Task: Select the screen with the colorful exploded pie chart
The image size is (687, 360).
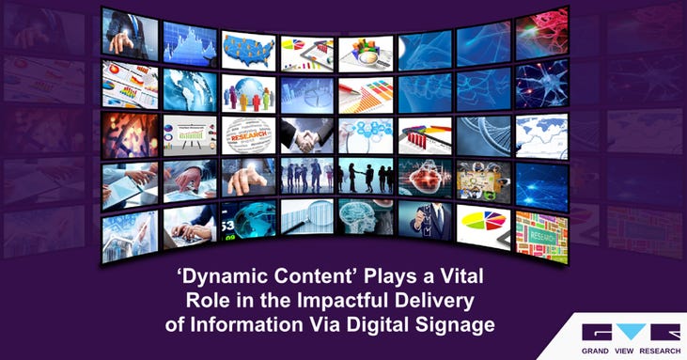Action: click(483, 224)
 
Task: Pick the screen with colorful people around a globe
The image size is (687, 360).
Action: click(249, 91)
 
